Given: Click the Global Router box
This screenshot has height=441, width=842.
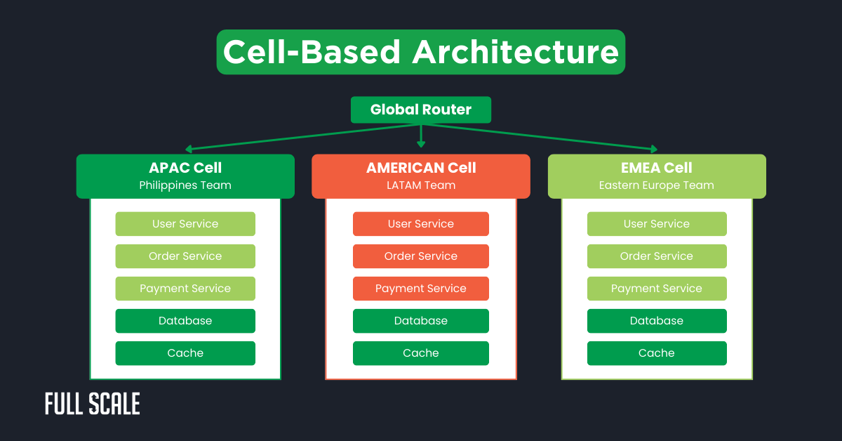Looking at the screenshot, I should pyautogui.click(x=420, y=110).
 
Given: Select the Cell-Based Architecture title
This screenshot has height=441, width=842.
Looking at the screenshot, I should pyautogui.click(x=420, y=52).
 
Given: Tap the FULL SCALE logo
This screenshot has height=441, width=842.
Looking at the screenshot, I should pyautogui.click(x=93, y=404).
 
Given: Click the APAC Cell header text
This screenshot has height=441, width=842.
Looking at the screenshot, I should pyautogui.click(x=185, y=168).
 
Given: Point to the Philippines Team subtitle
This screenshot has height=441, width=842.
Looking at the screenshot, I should pyautogui.click(x=185, y=185).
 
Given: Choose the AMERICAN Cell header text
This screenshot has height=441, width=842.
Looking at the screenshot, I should pyautogui.click(x=421, y=168).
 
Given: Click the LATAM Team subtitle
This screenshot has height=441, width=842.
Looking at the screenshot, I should pyautogui.click(x=421, y=185).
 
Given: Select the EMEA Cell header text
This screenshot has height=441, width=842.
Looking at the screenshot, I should pyautogui.click(x=657, y=168).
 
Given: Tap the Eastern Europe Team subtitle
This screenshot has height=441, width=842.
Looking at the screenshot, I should pyautogui.click(x=657, y=185).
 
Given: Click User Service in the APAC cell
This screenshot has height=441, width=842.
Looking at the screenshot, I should pyautogui.click(x=185, y=224).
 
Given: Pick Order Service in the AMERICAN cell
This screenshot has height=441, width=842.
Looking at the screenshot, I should pyautogui.click(x=421, y=256).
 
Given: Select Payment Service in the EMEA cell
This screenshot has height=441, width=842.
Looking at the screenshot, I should pyautogui.click(x=657, y=289).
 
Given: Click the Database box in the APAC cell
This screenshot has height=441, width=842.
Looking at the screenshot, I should pyautogui.click(x=185, y=321).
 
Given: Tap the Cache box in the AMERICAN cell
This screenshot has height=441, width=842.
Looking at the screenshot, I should pyautogui.click(x=421, y=353).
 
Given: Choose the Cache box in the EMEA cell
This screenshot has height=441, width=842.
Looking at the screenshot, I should pyautogui.click(x=657, y=353).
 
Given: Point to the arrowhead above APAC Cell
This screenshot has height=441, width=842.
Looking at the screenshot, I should pyautogui.click(x=189, y=149).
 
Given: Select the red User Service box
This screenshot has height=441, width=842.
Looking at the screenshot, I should pyautogui.click(x=421, y=224).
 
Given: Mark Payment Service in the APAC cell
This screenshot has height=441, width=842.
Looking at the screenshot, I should pyautogui.click(x=185, y=289).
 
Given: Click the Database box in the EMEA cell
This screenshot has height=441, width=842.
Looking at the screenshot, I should pyautogui.click(x=657, y=321).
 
